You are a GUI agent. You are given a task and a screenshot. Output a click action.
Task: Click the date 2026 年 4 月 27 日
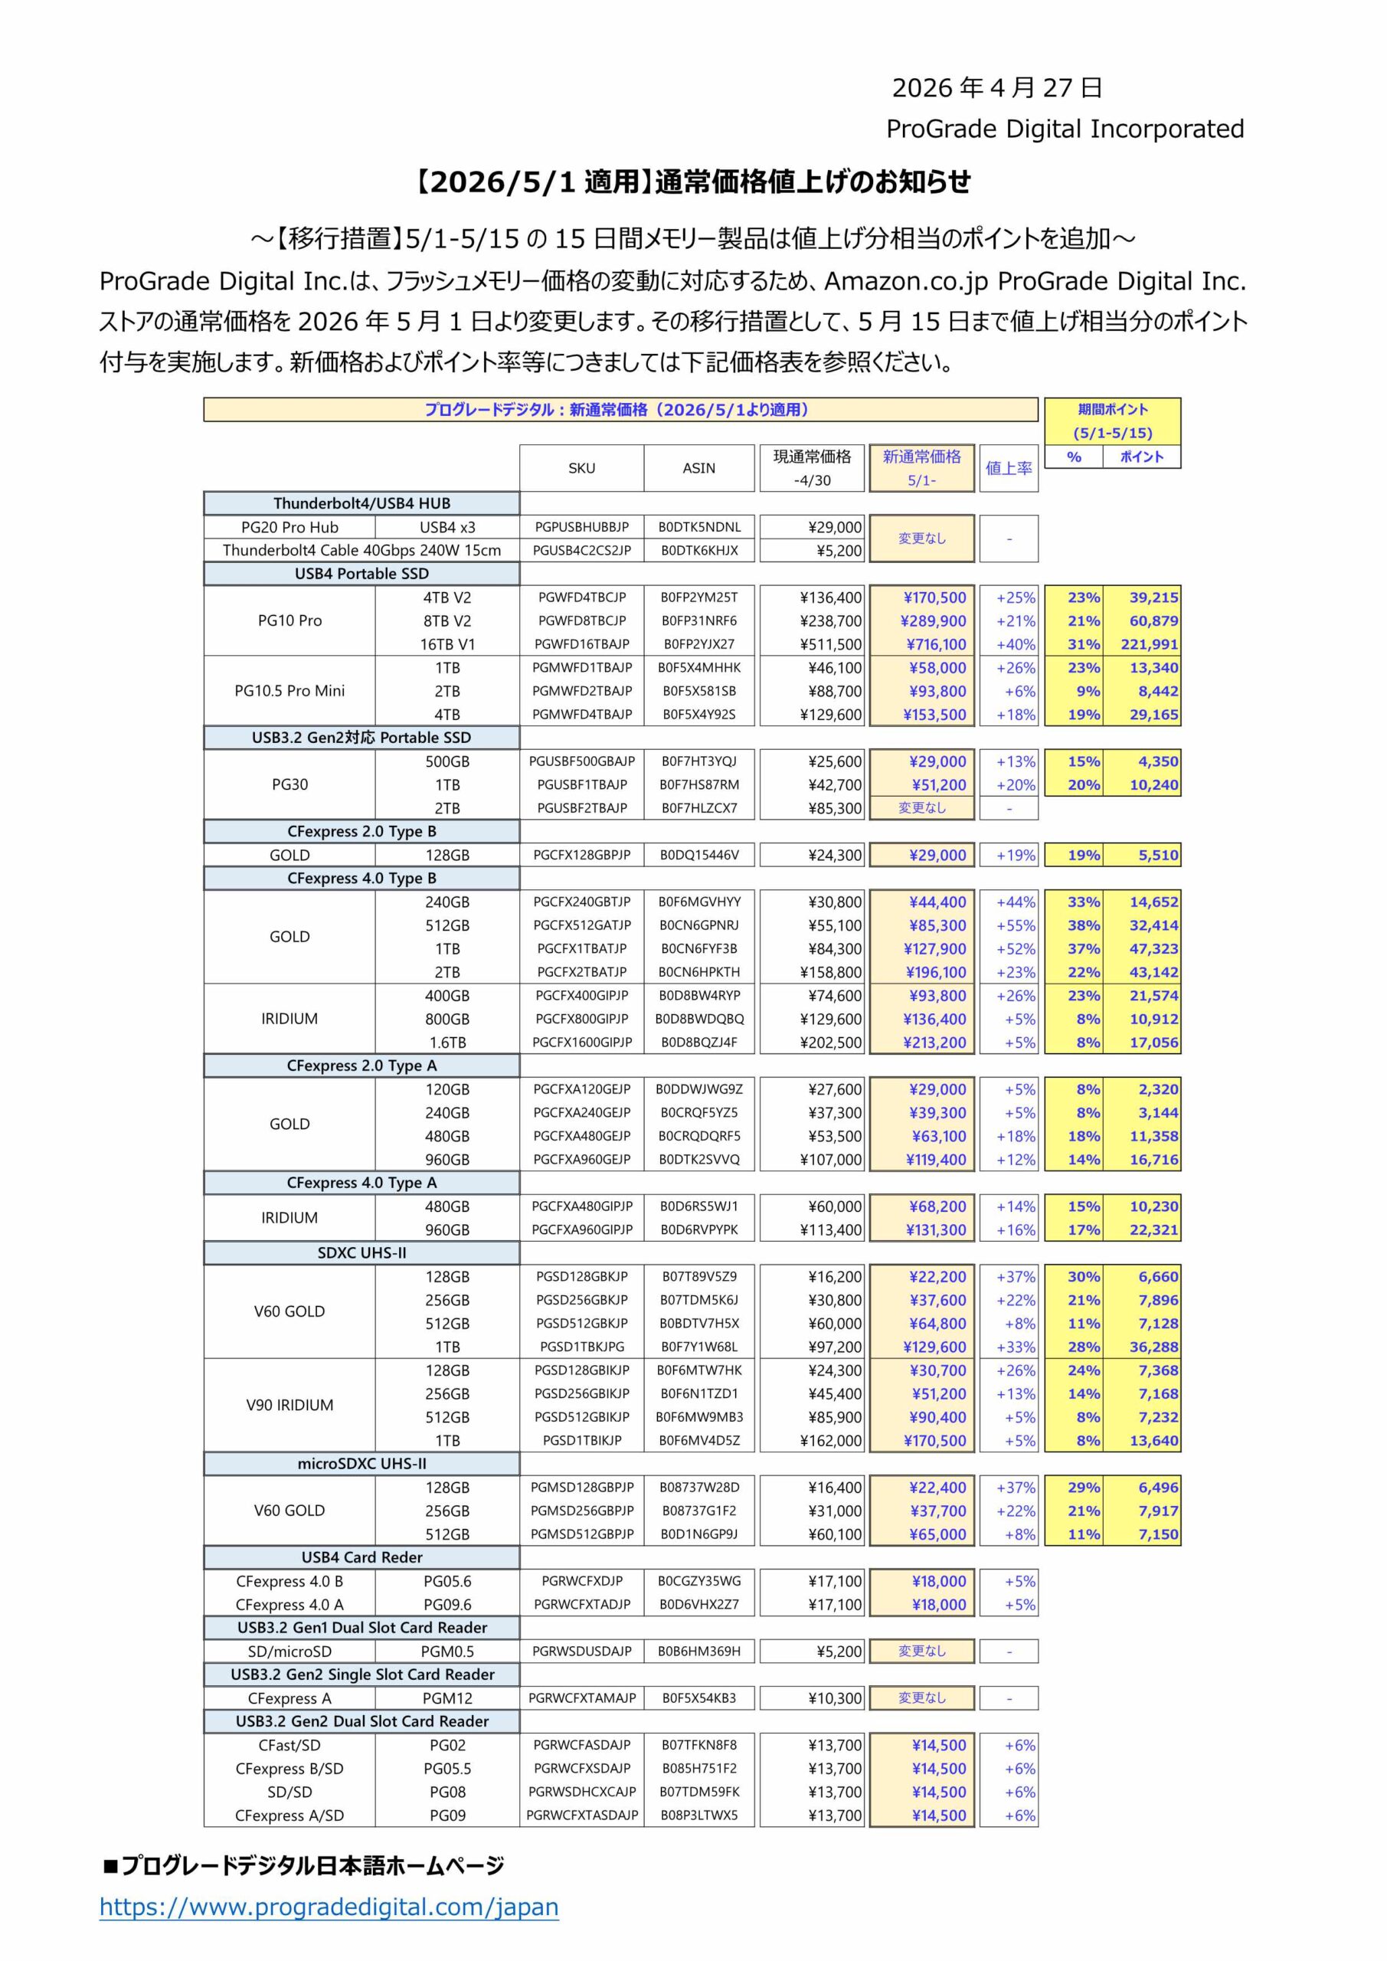pyautogui.click(x=996, y=87)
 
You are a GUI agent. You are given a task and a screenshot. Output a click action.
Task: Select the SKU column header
pyautogui.click(x=581, y=468)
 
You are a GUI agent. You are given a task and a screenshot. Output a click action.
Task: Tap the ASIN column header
pyautogui.click(x=698, y=468)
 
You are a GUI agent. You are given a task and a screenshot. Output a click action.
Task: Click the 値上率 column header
pyautogui.click(x=1009, y=468)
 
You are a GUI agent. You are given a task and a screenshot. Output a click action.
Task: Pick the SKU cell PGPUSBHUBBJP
pyautogui.click(x=581, y=527)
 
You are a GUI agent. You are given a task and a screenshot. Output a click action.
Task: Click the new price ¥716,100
pyautogui.click(x=934, y=644)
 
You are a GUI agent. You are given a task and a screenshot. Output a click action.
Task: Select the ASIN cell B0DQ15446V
pyautogui.click(x=698, y=855)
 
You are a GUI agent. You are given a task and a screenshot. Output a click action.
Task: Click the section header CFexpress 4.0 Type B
pyautogui.click(x=361, y=878)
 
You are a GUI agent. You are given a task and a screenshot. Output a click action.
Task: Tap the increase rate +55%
pyautogui.click(x=1016, y=925)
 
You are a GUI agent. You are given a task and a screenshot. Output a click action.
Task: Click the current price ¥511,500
pyautogui.click(x=830, y=644)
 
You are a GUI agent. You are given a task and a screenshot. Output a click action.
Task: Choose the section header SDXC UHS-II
pyautogui.click(x=361, y=1253)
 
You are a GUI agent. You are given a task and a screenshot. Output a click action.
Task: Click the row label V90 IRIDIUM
pyautogui.click(x=290, y=1405)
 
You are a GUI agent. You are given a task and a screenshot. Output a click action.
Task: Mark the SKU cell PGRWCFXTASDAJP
pyautogui.click(x=581, y=1815)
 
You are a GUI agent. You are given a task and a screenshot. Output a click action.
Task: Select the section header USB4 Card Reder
pyautogui.click(x=361, y=1557)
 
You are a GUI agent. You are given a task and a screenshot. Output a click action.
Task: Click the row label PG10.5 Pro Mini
pyautogui.click(x=290, y=691)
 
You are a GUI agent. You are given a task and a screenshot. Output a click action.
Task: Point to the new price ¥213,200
pyautogui.click(x=934, y=1042)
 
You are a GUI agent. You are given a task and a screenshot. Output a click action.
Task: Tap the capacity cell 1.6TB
pyautogui.click(x=447, y=1042)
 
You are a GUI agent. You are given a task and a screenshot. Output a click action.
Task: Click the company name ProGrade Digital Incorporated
pyautogui.click(x=1064, y=129)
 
